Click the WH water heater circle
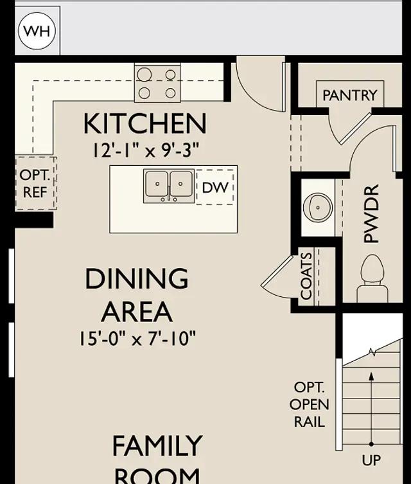(x=37, y=31)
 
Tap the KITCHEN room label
(x=145, y=123)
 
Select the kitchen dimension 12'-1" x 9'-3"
(x=146, y=150)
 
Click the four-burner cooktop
(x=157, y=83)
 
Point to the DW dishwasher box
(x=215, y=187)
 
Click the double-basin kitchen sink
(x=169, y=186)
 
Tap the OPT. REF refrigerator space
(x=36, y=183)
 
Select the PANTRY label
(x=350, y=95)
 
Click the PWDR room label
(x=371, y=213)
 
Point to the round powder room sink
(x=318, y=206)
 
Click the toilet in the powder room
(x=372, y=278)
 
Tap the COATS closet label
(x=306, y=276)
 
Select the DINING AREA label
(x=137, y=295)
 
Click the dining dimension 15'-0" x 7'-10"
(x=137, y=338)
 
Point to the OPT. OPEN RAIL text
(x=310, y=404)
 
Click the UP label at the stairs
(x=371, y=460)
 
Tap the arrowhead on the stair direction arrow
(x=372, y=376)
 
